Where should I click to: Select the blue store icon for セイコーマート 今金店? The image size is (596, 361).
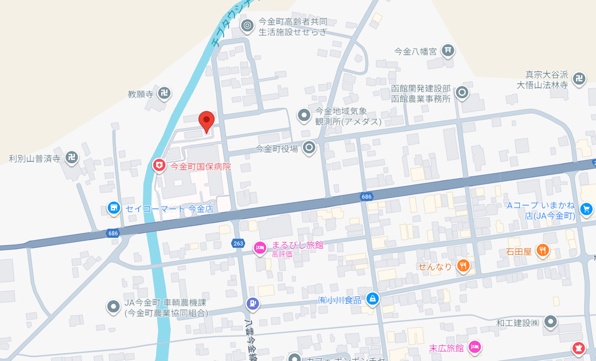(114, 208)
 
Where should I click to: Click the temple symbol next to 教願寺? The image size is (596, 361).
(164, 94)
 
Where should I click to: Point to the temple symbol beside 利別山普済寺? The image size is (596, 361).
(71, 158)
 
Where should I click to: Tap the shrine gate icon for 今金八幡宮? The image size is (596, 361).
(448, 50)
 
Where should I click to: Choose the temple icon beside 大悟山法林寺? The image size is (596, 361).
(579, 78)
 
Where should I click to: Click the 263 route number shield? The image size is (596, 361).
(238, 244)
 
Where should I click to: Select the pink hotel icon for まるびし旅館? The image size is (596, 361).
(260, 247)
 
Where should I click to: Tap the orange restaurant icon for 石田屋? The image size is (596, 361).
(542, 250)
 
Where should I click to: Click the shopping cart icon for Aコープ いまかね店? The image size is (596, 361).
(586, 209)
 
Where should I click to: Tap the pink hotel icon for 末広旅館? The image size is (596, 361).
(474, 347)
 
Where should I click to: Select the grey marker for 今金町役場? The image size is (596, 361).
(309, 147)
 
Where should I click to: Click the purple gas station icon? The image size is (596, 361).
(253, 303)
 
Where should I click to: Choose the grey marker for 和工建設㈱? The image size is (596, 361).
(551, 321)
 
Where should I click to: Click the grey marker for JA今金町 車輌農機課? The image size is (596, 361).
(113, 307)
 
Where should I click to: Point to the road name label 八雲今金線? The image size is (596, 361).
(249, 341)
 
